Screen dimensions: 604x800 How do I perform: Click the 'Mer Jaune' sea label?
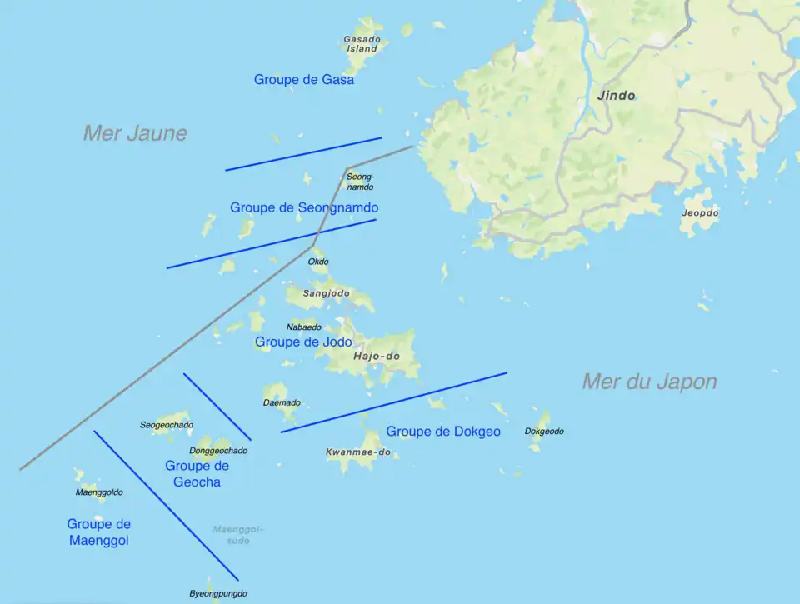tap(135, 133)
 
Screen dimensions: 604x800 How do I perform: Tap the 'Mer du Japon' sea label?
tap(649, 382)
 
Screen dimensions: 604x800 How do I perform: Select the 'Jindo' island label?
tap(616, 96)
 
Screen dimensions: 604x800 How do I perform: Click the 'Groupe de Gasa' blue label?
tap(304, 80)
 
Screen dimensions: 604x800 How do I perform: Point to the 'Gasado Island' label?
tap(362, 44)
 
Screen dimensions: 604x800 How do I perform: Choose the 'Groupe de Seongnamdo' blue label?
tap(304, 207)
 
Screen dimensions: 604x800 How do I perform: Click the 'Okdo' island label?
tap(318, 262)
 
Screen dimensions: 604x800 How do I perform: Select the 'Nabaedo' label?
tap(303, 327)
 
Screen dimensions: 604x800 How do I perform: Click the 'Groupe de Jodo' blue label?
tap(303, 342)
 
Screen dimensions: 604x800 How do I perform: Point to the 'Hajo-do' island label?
tap(377, 357)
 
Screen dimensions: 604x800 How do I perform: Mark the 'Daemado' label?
tap(282, 403)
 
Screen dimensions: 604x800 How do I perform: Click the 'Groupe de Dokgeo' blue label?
tap(443, 432)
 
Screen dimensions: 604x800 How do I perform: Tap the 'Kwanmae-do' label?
tap(358, 452)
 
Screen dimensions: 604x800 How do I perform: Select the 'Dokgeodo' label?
tap(544, 432)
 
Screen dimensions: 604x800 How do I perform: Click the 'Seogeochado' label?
tap(167, 425)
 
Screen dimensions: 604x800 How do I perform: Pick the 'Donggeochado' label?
tap(218, 451)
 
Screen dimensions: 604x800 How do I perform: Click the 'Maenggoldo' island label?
tap(99, 492)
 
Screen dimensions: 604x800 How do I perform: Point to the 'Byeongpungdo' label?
tap(218, 594)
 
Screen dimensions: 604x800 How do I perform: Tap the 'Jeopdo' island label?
tap(700, 213)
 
